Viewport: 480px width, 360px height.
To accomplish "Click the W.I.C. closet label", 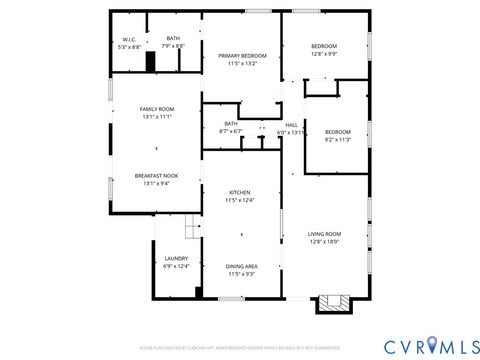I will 129,39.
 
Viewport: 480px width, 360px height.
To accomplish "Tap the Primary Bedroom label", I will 242,55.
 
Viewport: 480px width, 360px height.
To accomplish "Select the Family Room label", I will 156,108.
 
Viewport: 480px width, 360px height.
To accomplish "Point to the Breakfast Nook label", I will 156,175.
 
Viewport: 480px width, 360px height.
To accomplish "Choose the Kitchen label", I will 240,192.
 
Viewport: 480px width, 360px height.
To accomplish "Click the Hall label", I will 292,124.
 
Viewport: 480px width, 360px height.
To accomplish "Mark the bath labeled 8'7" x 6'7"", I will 231,124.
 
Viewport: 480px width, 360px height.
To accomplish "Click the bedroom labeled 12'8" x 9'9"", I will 324,46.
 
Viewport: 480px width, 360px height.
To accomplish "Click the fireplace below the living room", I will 333,302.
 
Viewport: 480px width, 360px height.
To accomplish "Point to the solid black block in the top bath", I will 151,62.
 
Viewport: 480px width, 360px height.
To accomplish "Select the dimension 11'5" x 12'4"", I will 240,200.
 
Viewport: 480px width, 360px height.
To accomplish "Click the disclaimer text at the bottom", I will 240,348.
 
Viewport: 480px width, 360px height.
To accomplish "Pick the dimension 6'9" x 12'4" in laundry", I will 175,266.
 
